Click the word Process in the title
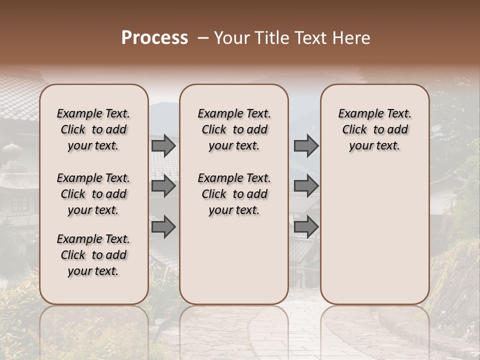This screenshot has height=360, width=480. click(x=154, y=38)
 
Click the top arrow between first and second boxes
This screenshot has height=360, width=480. click(x=163, y=146)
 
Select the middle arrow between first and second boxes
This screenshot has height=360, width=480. click(x=163, y=186)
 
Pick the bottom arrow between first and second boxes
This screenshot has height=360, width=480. click(x=163, y=227)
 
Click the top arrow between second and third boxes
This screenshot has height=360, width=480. click(x=306, y=146)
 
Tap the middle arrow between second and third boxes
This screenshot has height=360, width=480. click(x=306, y=186)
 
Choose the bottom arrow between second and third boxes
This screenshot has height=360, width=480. click(x=306, y=227)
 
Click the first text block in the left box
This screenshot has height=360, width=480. click(x=93, y=129)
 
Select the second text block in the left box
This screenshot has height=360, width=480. click(x=93, y=194)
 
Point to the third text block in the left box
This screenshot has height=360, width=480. click(x=93, y=255)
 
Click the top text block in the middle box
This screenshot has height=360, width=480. click(x=234, y=129)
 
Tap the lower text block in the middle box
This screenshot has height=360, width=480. click(x=234, y=194)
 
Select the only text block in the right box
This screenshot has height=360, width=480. click(x=374, y=129)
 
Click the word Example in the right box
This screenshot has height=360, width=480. click(x=358, y=113)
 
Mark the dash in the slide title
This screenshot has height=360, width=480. click(x=202, y=38)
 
